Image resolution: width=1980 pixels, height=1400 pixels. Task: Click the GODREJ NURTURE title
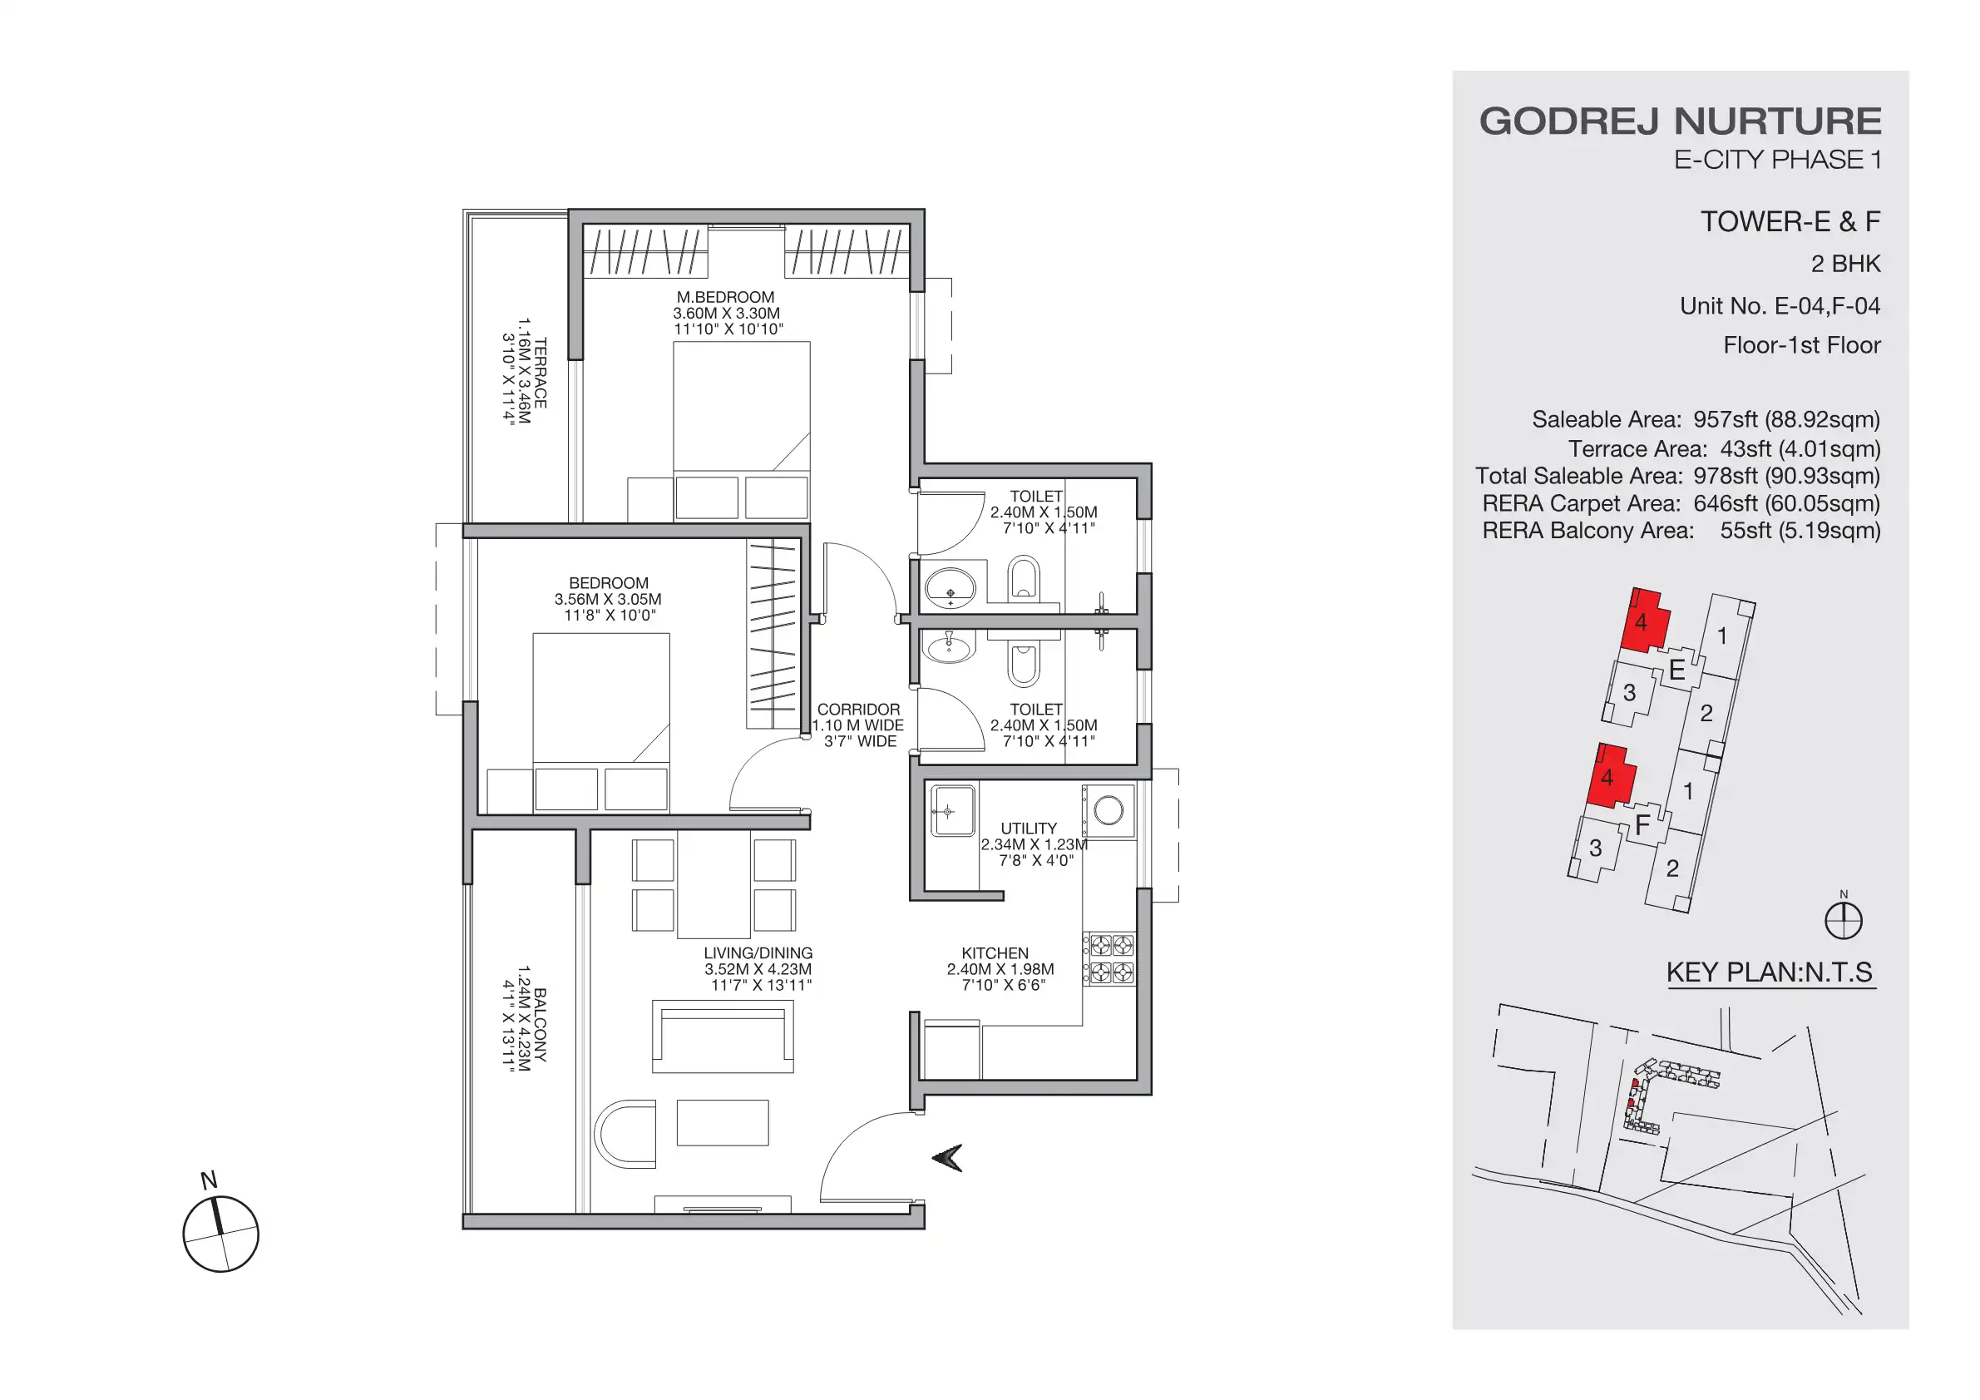click(x=1680, y=121)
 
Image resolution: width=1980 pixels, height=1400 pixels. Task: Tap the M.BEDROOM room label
click(x=725, y=298)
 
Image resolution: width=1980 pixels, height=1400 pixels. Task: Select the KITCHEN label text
click(x=995, y=953)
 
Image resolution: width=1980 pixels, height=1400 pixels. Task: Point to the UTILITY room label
click(x=1028, y=828)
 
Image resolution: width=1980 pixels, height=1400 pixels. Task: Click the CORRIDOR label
click(x=858, y=709)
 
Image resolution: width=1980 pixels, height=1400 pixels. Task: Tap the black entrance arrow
click(x=948, y=1158)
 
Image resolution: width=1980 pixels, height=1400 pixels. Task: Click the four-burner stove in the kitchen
click(x=1109, y=959)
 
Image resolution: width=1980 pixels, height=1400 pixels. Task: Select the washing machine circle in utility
click(x=1109, y=810)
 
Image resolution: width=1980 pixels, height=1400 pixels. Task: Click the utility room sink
click(x=953, y=811)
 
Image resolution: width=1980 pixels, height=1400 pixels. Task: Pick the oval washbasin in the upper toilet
click(x=950, y=589)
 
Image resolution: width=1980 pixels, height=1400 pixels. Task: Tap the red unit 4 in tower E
click(x=1643, y=621)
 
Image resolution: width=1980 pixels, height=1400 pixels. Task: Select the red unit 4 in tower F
click(x=1609, y=776)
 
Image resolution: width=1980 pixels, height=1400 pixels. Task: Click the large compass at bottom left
click(x=220, y=1234)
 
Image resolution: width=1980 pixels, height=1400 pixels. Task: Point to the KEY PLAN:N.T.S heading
click(x=1770, y=972)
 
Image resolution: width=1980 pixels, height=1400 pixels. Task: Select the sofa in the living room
click(x=723, y=1035)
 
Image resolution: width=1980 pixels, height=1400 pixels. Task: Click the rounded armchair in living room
click(x=625, y=1134)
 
